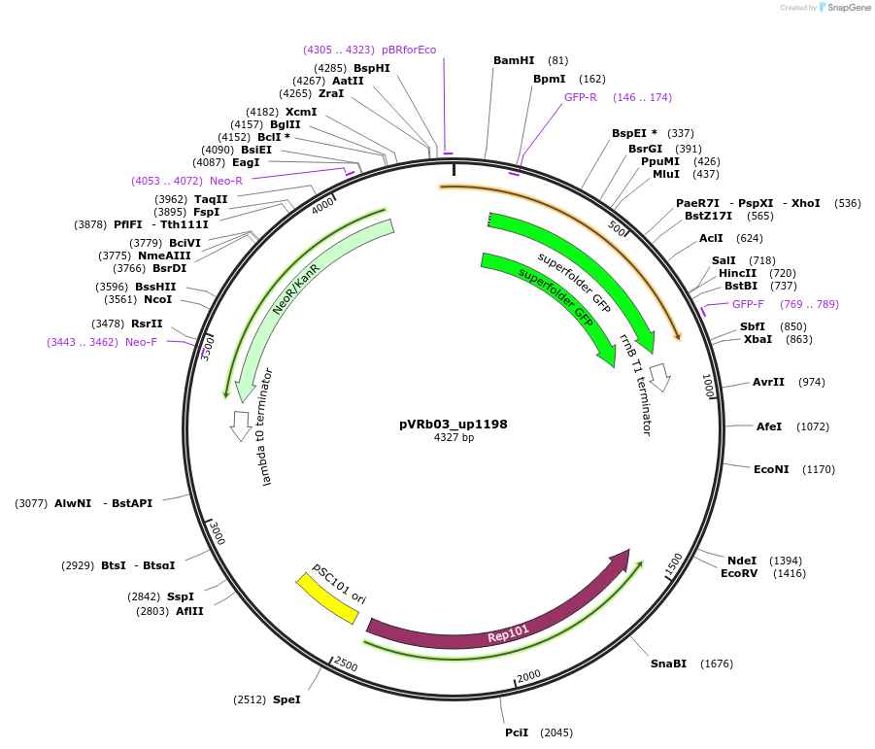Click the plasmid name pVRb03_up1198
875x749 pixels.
453,425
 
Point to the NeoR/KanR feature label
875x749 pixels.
295,290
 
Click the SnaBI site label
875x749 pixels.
668,664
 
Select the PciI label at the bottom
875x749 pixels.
517,732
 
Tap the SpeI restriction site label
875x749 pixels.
286,699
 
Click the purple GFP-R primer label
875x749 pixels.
581,97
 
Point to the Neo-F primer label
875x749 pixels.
141,342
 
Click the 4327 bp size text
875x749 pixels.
454,438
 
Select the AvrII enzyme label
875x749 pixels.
768,382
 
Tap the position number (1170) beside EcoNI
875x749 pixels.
819,469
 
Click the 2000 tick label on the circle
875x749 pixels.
528,676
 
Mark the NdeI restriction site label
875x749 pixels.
742,561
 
